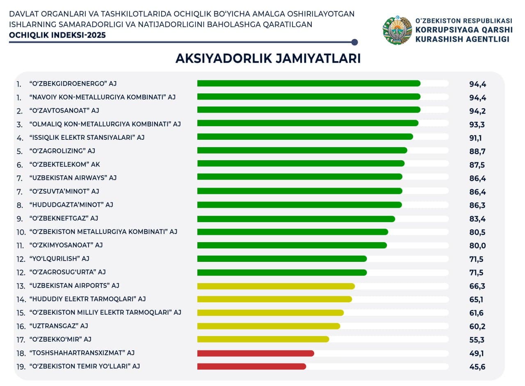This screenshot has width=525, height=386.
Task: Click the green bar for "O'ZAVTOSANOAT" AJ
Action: click(x=308, y=110)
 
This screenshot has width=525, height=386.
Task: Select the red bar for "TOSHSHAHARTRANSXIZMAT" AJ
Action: click(x=256, y=353)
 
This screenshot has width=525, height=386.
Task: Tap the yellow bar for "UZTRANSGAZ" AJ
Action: click(x=269, y=326)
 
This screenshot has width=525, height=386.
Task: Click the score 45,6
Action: click(x=477, y=367)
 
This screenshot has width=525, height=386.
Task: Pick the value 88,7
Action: click(x=477, y=152)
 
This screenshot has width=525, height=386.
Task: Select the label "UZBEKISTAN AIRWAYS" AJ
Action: click(x=73, y=178)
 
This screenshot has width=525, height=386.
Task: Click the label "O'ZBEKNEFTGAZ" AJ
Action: click(x=64, y=218)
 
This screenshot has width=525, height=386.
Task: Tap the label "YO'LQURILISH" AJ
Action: click(x=59, y=259)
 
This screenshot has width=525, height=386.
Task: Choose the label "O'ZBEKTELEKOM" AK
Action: click(x=64, y=164)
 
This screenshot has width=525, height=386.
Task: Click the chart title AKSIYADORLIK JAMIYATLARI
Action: click(x=268, y=59)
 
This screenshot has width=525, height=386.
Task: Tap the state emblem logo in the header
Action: click(x=397, y=30)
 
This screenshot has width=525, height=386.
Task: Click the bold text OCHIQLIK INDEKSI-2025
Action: click(x=57, y=35)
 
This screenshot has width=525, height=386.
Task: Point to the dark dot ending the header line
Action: click(x=355, y=42)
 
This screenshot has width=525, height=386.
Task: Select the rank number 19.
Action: click(x=21, y=366)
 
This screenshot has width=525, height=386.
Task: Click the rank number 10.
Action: click(x=21, y=232)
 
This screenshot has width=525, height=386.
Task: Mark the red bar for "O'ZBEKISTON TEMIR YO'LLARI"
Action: click(x=251, y=366)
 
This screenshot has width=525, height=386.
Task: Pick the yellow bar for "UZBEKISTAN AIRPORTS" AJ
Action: click(x=276, y=286)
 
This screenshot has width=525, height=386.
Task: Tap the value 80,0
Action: click(x=477, y=245)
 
